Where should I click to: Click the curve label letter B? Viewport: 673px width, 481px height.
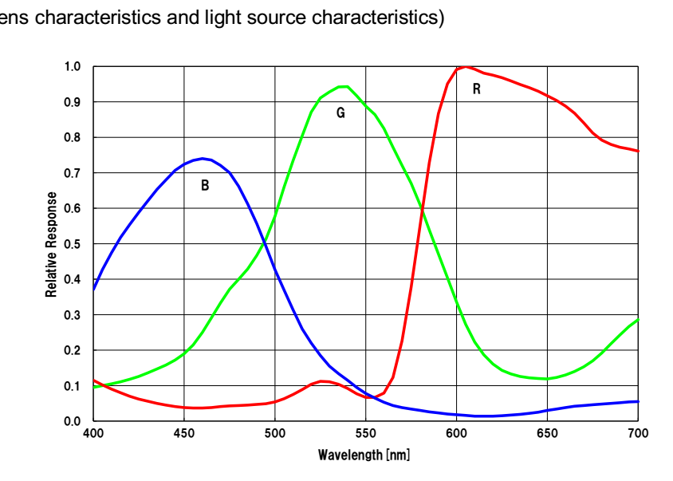pos(205,186)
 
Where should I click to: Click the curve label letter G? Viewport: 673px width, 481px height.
pos(340,113)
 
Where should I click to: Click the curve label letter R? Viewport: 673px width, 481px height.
pos(477,89)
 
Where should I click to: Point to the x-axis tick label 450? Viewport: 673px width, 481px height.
pos(184,433)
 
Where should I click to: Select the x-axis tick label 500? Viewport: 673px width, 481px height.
pos(275,433)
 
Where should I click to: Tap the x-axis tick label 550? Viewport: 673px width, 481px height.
pos(366,433)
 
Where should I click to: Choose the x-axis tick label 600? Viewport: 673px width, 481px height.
pos(456,433)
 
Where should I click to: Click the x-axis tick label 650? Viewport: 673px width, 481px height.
pos(547,433)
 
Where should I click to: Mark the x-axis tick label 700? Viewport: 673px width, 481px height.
pos(638,433)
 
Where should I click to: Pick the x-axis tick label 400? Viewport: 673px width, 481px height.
pos(93,433)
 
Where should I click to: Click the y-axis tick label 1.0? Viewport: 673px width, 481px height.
pos(73,66)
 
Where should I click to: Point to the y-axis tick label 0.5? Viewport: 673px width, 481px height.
pos(73,244)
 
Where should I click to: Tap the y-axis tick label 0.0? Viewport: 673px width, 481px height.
pos(73,421)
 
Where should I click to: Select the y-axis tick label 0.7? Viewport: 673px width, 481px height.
pos(73,173)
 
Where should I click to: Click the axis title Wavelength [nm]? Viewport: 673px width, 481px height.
pos(364,455)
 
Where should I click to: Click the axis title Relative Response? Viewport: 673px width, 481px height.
pos(52,244)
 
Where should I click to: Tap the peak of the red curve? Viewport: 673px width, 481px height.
pos(466,67)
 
